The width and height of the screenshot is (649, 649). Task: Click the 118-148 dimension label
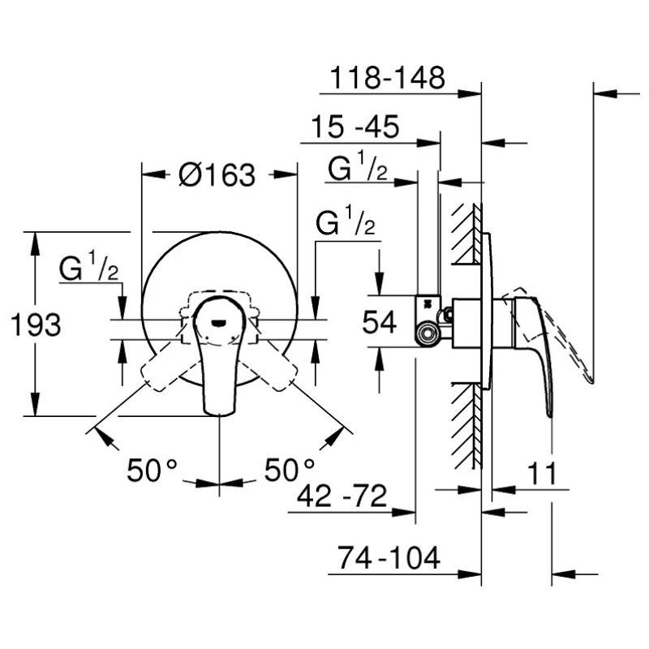(x=388, y=77)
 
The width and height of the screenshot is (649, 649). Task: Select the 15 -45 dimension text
(x=355, y=127)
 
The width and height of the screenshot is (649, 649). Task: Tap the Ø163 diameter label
(x=217, y=174)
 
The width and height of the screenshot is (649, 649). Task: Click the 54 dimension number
(x=379, y=322)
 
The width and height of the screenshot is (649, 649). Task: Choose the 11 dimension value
(x=542, y=474)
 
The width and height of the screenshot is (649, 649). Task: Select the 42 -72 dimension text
(x=342, y=496)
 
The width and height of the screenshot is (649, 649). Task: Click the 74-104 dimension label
(x=389, y=557)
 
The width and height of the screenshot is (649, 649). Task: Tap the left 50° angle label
(x=152, y=470)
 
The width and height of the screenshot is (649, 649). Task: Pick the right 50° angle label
(x=290, y=470)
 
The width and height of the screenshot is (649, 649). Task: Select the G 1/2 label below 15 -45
(x=358, y=167)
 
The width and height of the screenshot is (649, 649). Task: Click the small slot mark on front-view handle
(x=219, y=323)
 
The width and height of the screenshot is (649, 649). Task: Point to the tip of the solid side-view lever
(x=550, y=415)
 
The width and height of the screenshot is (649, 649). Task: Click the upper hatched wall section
(x=466, y=234)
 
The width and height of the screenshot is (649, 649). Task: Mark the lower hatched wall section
(x=466, y=426)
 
